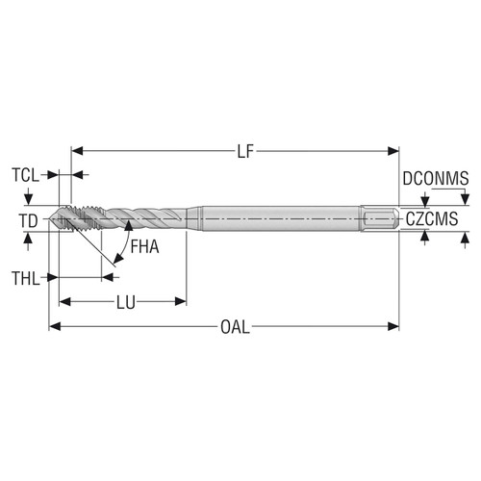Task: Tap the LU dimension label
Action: [126, 302]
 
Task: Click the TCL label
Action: [27, 175]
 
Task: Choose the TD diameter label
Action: [29, 220]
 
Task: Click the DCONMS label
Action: [435, 177]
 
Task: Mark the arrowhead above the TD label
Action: [29, 199]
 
